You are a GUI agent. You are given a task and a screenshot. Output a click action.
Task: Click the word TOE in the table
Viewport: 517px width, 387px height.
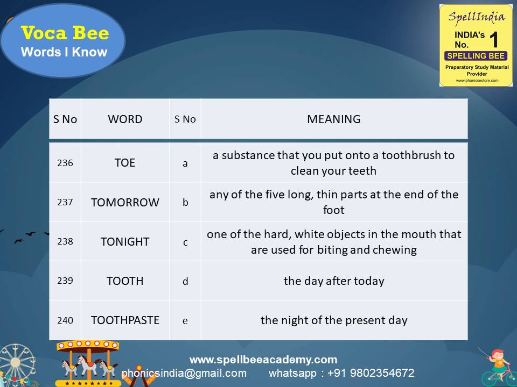(125, 163)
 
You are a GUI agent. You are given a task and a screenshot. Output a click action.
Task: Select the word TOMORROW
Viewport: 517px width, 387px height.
(125, 203)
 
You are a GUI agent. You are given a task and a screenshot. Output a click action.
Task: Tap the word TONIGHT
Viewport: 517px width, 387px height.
(125, 242)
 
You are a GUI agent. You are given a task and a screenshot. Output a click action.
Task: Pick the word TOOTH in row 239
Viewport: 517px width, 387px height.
(125, 281)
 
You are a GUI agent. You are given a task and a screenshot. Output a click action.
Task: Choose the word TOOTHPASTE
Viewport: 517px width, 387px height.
(125, 320)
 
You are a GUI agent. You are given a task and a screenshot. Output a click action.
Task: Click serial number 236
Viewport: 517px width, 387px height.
(65, 163)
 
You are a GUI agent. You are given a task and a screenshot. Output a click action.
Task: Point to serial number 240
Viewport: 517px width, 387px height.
(65, 320)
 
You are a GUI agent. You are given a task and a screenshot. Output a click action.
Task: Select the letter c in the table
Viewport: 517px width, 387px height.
(185, 242)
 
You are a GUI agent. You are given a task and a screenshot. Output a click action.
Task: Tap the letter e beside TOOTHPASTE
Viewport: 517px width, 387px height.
(185, 321)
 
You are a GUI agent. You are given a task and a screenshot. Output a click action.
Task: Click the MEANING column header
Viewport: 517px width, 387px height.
(334, 119)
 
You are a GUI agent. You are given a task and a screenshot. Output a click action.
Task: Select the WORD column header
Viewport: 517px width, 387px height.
(125, 119)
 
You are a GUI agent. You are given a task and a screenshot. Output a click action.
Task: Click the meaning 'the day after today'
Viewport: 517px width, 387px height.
(334, 281)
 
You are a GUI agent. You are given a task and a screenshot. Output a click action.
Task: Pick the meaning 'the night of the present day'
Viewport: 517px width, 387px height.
(334, 320)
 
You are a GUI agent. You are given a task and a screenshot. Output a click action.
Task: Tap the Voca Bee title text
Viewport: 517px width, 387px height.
(65, 33)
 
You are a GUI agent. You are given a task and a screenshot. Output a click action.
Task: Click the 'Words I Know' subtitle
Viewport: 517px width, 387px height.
(64, 52)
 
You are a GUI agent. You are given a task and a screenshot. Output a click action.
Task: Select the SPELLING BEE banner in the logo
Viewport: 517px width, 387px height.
(476, 56)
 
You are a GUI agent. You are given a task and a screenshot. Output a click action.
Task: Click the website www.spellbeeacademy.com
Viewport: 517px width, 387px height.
(263, 360)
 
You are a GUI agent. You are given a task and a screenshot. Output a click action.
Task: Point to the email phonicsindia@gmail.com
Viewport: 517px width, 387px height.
(184, 373)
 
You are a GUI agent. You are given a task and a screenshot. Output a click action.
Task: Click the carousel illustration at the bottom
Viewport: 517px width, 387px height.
(88, 363)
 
